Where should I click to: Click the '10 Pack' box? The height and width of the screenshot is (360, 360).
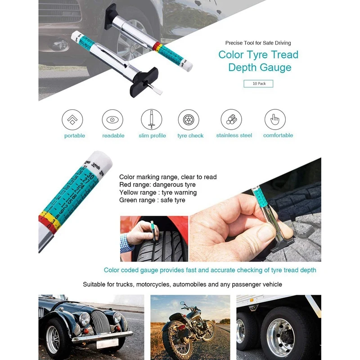(x=258, y=84)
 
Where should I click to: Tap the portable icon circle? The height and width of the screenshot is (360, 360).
(x=72, y=120)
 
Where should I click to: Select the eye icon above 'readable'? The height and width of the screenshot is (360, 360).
(x=112, y=120)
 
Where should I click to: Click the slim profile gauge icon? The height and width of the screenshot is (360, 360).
(x=152, y=120)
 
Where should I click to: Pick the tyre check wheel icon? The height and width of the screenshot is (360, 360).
(x=189, y=120)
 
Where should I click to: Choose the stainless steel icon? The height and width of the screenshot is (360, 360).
(x=231, y=120)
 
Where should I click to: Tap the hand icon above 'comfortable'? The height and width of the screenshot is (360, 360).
(x=275, y=120)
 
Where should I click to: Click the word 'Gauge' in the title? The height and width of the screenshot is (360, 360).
(x=274, y=68)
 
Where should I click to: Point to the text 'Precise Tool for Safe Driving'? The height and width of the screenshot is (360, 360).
(x=258, y=43)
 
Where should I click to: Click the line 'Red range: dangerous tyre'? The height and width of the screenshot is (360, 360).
(x=157, y=185)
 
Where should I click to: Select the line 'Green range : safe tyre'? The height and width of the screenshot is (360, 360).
(x=152, y=200)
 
